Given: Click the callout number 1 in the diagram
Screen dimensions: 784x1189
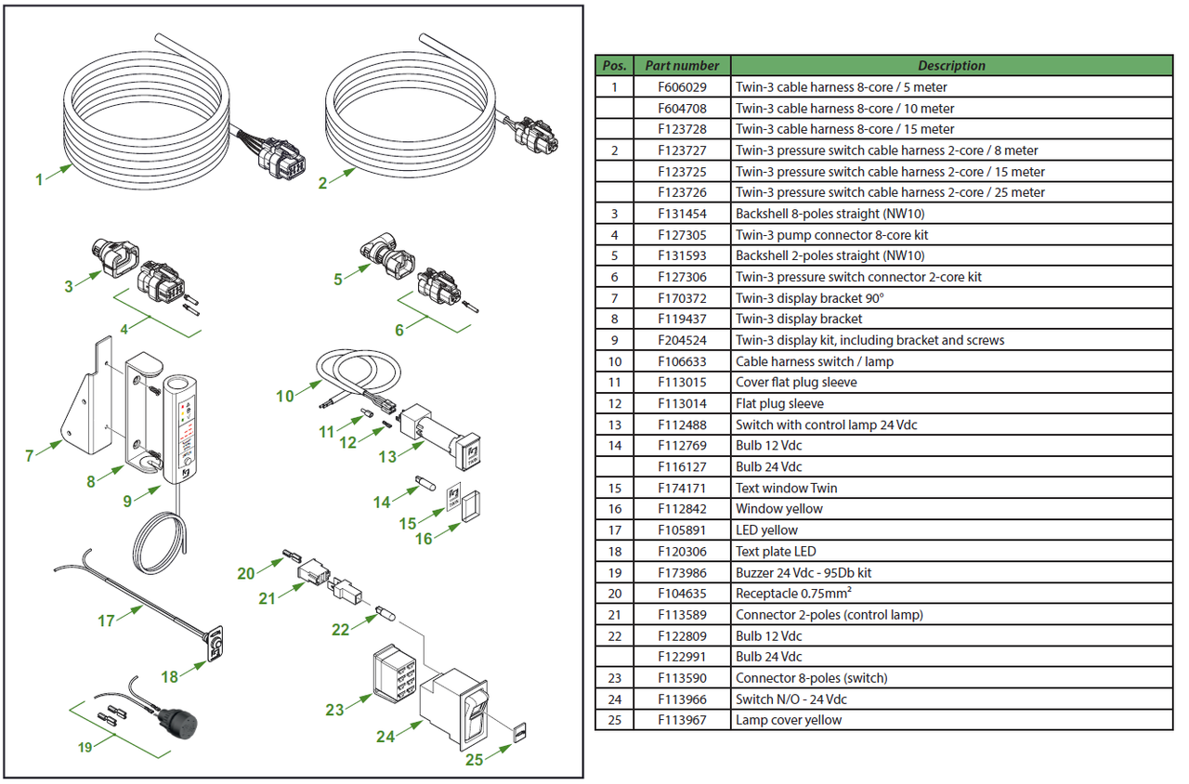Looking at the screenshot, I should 39,180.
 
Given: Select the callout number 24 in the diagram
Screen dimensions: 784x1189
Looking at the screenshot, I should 385,737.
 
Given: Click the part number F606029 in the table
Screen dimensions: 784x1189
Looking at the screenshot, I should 682,87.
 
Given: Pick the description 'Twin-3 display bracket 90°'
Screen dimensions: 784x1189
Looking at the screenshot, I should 809,298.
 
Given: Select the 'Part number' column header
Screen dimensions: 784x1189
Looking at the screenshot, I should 682,66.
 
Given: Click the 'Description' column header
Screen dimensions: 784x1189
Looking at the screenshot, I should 951,66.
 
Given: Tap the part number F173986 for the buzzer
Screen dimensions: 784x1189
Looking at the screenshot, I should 682,572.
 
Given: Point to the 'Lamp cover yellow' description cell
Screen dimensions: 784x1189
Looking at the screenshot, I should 789,720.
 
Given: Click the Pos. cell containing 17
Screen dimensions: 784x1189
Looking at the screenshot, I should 614,530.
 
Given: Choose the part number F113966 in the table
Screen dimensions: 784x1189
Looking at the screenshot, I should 682,699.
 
